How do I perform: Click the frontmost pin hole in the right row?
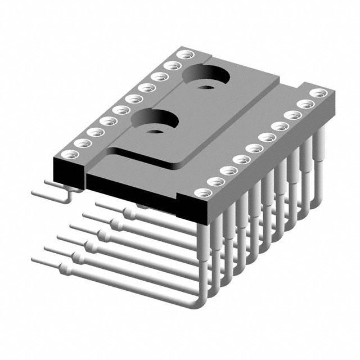click(x=203, y=192)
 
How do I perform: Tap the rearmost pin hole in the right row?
click(x=318, y=93)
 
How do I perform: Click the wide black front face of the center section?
click(x=129, y=189)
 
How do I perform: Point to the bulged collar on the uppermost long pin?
click(x=130, y=214)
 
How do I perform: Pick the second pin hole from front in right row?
click(x=216, y=182)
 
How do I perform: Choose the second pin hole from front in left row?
click(x=83, y=143)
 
